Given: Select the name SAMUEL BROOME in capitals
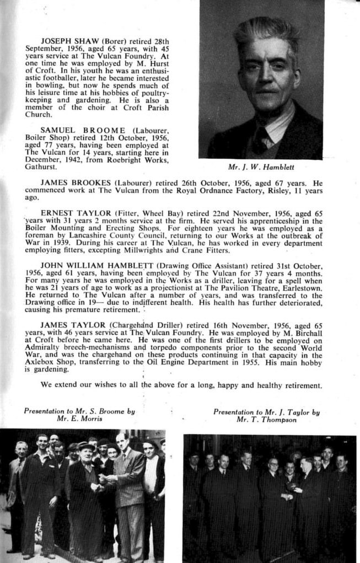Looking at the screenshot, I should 91,130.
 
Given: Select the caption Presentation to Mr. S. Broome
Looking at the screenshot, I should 79,415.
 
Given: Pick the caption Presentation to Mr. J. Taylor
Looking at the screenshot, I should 267,416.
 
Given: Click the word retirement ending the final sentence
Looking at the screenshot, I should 302,385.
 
